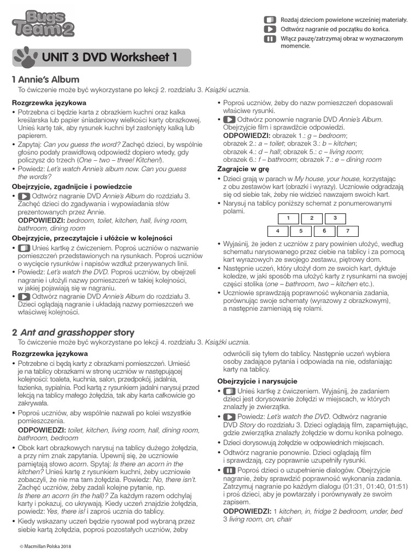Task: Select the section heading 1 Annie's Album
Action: (45, 80)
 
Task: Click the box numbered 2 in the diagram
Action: (311, 218)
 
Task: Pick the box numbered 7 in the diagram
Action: (348, 231)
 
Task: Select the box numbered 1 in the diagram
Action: (288, 218)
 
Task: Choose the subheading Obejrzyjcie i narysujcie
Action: (257, 380)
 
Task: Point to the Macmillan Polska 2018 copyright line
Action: (45, 546)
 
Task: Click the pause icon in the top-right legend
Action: (270, 39)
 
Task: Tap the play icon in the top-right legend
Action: (270, 28)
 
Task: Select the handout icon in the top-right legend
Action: (270, 19)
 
